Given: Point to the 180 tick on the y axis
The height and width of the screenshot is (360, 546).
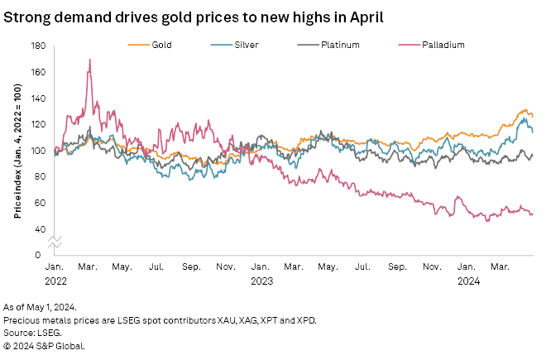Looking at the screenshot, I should point(37,46).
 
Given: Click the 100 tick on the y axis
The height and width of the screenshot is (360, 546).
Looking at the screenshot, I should point(37,151).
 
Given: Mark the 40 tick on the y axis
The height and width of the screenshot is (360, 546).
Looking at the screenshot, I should point(39,229).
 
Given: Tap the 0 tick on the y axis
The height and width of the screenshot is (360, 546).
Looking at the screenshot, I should point(41,255).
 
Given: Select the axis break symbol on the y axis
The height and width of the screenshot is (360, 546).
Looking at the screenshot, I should point(55,242).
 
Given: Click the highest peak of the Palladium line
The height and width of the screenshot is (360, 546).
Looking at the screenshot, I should point(89,60).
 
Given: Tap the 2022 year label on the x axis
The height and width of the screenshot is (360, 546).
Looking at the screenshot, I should point(55,280).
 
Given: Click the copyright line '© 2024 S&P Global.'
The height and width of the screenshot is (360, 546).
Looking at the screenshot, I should point(44,344).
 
